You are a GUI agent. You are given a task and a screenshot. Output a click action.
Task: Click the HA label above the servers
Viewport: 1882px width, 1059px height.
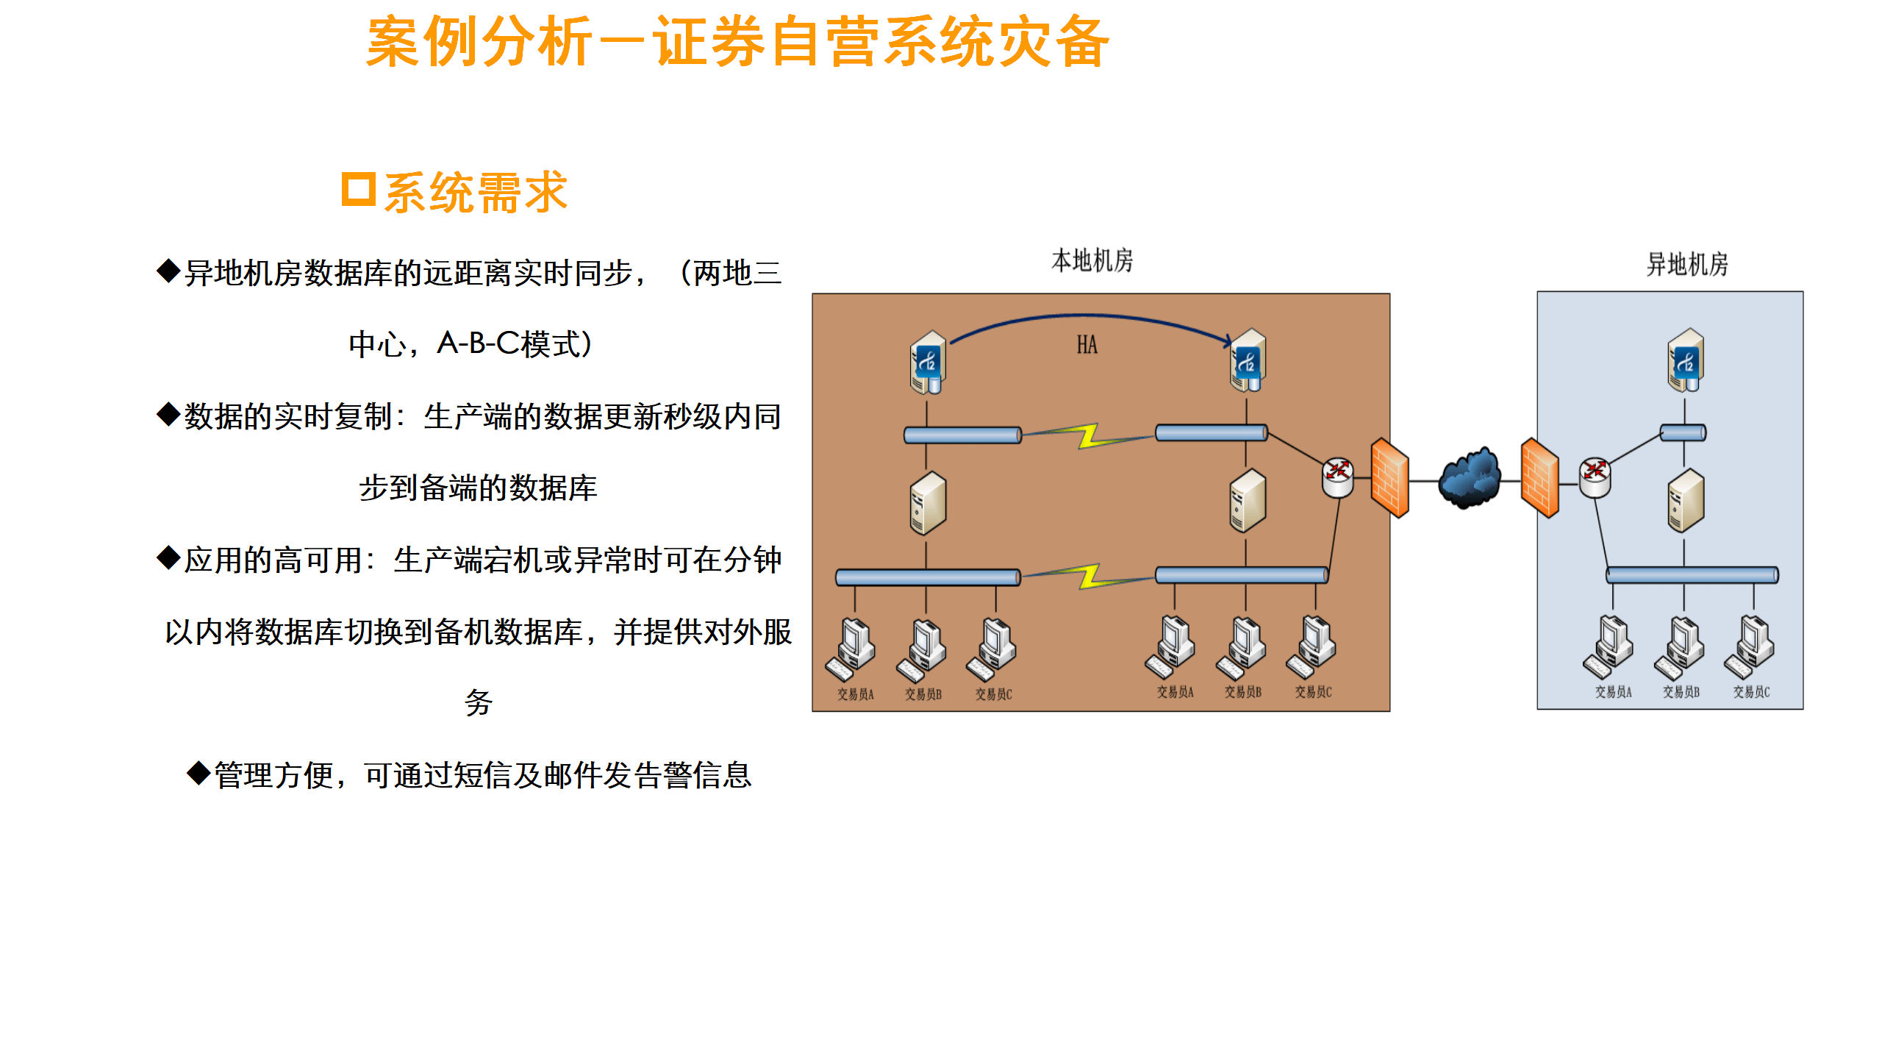pyautogui.click(x=1087, y=345)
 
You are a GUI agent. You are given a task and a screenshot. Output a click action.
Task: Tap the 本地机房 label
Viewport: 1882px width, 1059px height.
pyautogui.click(x=1092, y=261)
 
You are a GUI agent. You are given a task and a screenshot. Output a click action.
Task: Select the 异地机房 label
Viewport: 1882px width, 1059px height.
pyautogui.click(x=1686, y=265)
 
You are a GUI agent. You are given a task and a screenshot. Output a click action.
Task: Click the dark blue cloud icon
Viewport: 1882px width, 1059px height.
pyautogui.click(x=1469, y=479)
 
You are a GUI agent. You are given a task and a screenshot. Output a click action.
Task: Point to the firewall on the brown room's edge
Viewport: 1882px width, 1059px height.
pyautogui.click(x=1389, y=478)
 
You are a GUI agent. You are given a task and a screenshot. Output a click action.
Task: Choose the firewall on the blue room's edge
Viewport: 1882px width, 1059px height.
pyautogui.click(x=1539, y=478)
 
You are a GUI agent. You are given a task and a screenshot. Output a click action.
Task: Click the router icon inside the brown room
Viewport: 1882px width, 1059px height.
pyautogui.click(x=1337, y=477)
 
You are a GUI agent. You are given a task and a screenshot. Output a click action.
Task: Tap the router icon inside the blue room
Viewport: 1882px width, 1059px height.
pyautogui.click(x=1595, y=477)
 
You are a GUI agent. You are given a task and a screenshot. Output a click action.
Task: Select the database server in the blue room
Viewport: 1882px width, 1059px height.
pyautogui.click(x=1685, y=360)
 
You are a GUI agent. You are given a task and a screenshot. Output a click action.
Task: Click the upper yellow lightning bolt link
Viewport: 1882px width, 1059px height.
pyautogui.click(x=1088, y=435)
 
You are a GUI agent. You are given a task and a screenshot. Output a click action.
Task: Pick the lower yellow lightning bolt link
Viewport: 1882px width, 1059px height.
pyautogui.click(x=1088, y=577)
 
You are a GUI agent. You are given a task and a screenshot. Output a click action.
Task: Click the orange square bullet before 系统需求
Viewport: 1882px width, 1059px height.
pyautogui.click(x=359, y=190)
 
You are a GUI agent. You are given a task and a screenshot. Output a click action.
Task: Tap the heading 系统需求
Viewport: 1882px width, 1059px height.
pyautogui.click(x=476, y=193)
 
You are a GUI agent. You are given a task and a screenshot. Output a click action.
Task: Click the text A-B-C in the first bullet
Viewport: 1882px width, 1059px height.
pyautogui.click(x=479, y=343)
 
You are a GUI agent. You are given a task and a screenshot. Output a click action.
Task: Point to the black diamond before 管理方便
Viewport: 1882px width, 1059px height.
pyautogui.click(x=198, y=774)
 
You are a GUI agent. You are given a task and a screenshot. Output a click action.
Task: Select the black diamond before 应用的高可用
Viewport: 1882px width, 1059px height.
pyautogui.click(x=168, y=558)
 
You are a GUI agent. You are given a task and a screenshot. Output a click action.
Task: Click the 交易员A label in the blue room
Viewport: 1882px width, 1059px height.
pyautogui.click(x=1613, y=692)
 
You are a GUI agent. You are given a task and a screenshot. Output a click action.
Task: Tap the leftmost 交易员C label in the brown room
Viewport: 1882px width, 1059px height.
pyautogui.click(x=993, y=694)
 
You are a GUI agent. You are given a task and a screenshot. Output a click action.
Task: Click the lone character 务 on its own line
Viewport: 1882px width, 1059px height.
pyautogui.click(x=478, y=703)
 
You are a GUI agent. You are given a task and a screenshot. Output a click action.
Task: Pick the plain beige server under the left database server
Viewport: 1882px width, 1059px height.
pyautogui.click(x=927, y=503)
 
